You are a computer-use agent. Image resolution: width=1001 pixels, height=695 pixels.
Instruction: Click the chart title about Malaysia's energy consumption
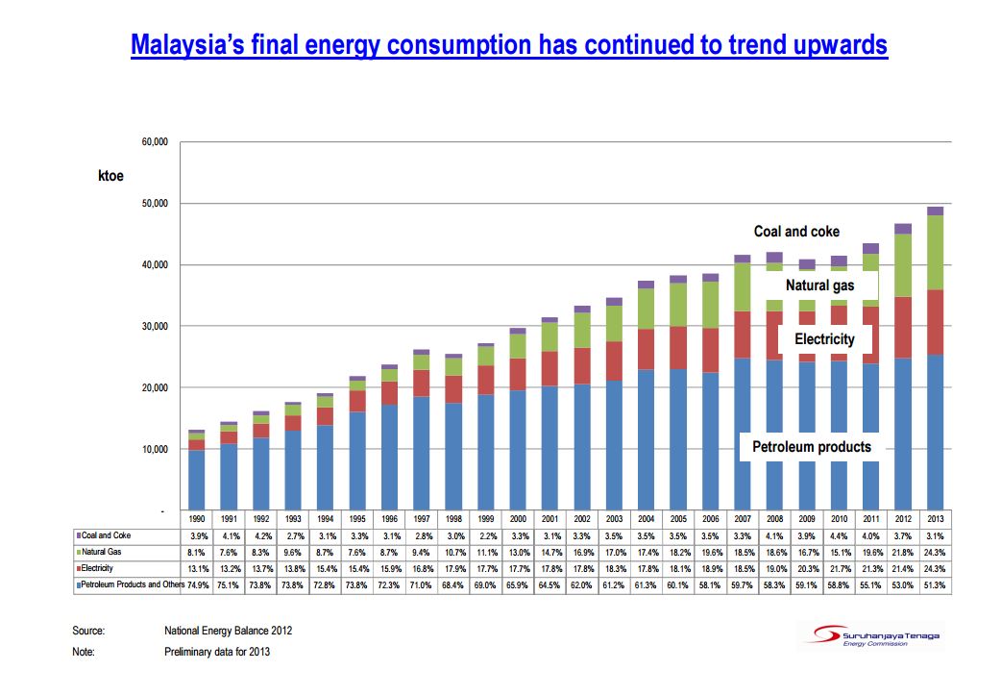[x=508, y=44]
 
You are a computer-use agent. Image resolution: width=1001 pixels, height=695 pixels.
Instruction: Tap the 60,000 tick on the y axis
[x=155, y=142]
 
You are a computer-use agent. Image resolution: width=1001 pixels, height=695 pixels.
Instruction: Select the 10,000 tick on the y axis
[x=155, y=449]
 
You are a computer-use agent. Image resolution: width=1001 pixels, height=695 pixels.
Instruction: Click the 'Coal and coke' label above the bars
[x=796, y=232]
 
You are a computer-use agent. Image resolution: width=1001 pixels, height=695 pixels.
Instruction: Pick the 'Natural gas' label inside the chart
[x=818, y=285]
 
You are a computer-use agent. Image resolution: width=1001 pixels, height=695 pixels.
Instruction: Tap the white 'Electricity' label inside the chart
[x=824, y=339]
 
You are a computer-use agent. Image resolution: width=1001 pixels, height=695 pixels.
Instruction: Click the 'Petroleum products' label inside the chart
[x=811, y=447]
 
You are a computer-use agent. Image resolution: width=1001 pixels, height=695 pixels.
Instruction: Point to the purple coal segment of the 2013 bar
[x=935, y=211]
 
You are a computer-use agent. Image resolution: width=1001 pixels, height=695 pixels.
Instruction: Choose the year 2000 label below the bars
[x=517, y=518]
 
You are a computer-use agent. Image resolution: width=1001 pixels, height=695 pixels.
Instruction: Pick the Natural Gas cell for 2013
[x=935, y=552]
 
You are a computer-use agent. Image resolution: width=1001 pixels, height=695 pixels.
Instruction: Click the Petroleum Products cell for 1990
[x=196, y=584]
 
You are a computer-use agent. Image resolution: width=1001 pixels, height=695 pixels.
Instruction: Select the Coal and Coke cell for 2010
[x=839, y=535]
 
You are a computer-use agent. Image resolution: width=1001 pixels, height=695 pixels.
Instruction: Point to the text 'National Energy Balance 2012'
[x=229, y=632]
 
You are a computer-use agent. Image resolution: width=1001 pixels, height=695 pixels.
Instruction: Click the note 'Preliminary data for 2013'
[x=218, y=653]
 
